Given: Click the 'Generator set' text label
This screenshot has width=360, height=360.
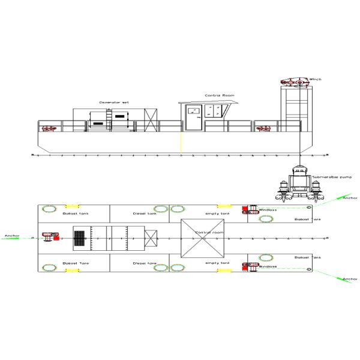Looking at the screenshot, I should (114, 103).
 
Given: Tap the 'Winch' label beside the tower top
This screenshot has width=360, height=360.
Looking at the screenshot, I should (316, 79).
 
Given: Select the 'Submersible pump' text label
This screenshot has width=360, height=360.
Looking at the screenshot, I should (328, 177).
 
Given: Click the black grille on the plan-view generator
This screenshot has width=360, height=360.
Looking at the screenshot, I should (80, 238).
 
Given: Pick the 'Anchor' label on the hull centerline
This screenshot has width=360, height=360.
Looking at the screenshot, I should (12, 235).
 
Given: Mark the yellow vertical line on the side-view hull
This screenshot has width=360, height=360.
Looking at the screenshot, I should (181, 143).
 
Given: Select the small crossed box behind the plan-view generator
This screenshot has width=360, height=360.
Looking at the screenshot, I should (151, 238).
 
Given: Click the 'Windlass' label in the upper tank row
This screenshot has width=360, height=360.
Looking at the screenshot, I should (267, 210).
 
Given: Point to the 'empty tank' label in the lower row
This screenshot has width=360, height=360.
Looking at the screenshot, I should (217, 263).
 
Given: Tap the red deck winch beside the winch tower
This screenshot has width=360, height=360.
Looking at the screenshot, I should (262, 128).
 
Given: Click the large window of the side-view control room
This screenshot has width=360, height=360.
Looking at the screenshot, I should (214, 110).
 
